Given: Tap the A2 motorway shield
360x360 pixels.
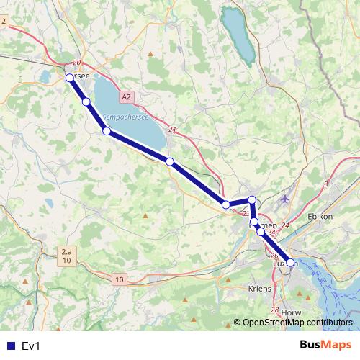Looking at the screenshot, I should click(x=127, y=96).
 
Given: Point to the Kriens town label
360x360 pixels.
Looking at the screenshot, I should click(x=260, y=288).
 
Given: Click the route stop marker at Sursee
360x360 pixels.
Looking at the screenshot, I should click(x=70, y=77).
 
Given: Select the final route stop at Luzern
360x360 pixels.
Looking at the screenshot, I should click(x=290, y=263).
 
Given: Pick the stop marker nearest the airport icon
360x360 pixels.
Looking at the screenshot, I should click(x=251, y=200).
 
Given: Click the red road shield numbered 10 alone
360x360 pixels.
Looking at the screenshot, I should click(x=119, y=279).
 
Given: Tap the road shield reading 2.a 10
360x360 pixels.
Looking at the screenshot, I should click(x=66, y=256).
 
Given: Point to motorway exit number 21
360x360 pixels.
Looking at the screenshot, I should click(x=172, y=130).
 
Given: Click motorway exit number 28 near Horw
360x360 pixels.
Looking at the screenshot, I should click(x=275, y=310).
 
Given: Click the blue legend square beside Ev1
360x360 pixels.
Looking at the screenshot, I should click(x=10, y=346).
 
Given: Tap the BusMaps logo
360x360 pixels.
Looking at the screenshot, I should click(x=325, y=346).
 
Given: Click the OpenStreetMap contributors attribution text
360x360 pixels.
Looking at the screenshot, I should click(x=297, y=323).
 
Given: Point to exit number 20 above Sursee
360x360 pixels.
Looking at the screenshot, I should click(x=77, y=63).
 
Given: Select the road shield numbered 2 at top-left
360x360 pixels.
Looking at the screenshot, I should click(x=4, y=21).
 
